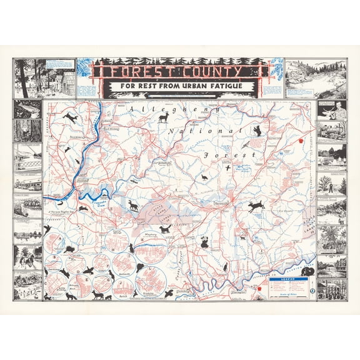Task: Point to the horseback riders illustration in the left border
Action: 27,257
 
